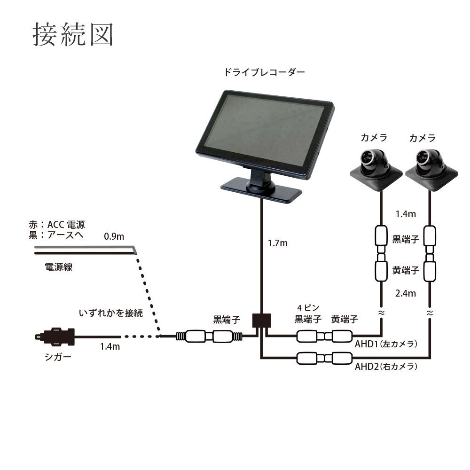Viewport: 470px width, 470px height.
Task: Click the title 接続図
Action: (73, 34)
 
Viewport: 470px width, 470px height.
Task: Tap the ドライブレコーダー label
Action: (265, 72)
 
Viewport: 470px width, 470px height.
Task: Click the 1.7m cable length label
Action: (277, 243)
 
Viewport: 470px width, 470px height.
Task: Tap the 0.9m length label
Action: (114, 236)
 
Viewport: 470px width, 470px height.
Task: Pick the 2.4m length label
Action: (405, 294)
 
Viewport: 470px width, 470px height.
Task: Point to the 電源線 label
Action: (59, 267)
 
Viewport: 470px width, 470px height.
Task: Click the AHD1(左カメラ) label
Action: (386, 344)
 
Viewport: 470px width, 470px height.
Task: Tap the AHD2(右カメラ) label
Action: (386, 367)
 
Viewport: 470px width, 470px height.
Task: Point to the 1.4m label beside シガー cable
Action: (110, 347)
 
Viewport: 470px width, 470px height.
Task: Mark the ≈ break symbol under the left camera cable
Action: (381, 312)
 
